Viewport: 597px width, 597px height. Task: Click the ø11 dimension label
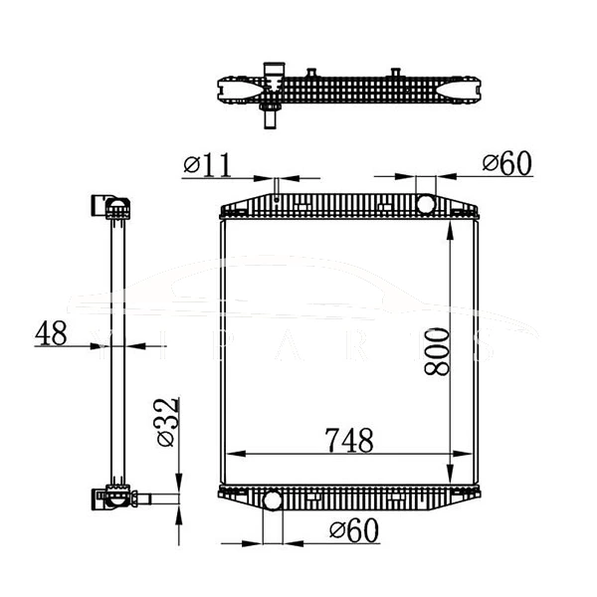(x=209, y=163)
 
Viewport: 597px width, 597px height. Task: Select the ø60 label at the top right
(x=507, y=164)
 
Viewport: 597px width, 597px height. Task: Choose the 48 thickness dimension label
(x=51, y=332)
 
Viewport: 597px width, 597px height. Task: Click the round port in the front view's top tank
(x=426, y=203)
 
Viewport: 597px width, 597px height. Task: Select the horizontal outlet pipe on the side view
(x=158, y=498)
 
